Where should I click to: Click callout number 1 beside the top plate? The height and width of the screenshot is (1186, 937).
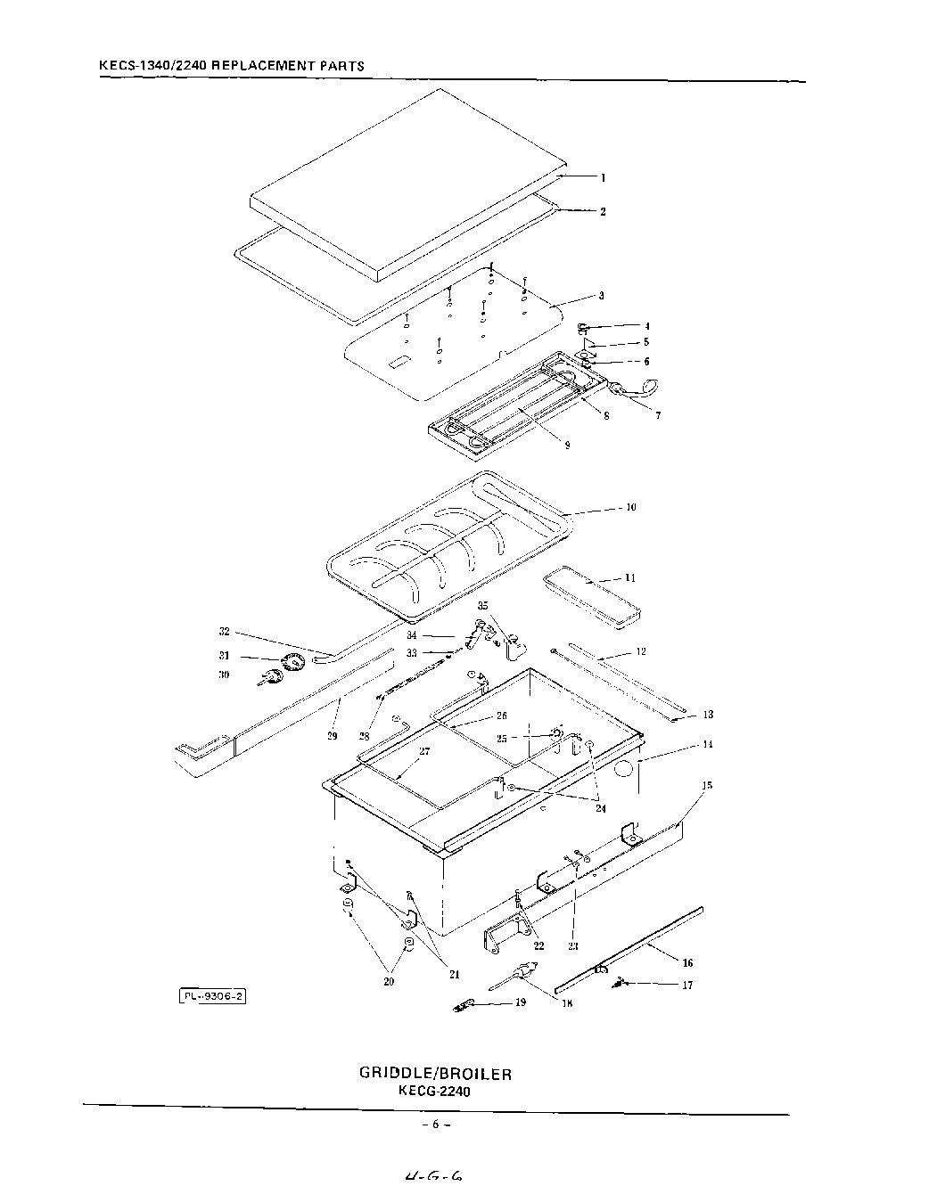[603, 177]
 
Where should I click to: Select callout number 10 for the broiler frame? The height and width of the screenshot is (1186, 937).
[631, 508]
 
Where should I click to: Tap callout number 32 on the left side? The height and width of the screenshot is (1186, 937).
[225, 632]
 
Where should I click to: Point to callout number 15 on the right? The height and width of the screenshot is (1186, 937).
[707, 786]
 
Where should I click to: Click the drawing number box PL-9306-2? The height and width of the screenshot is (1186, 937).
[213, 997]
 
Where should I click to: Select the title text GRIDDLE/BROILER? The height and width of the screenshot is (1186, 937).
[435, 1073]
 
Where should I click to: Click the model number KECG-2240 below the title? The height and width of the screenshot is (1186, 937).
[435, 1090]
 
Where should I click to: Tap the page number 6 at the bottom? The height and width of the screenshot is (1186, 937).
[435, 1125]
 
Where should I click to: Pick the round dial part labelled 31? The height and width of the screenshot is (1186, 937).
[292, 661]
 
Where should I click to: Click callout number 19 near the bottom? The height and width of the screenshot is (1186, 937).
[520, 1002]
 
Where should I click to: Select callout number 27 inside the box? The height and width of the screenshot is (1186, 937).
[424, 752]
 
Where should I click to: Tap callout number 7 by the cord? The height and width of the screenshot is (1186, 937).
[658, 415]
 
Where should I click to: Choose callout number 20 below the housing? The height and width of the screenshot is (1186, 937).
[389, 982]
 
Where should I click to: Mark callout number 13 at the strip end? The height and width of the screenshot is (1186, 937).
[708, 715]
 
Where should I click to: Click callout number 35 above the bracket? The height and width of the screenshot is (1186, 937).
[483, 606]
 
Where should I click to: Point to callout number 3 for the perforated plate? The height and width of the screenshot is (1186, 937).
[602, 296]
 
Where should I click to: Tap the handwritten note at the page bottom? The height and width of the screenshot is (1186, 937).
[432, 1176]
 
